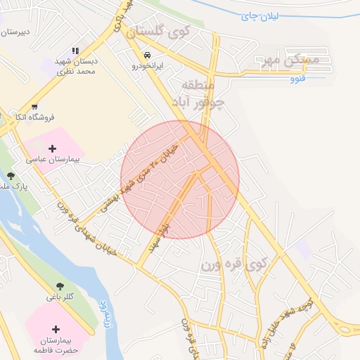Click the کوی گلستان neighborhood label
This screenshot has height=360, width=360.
pyautogui.click(x=158, y=31)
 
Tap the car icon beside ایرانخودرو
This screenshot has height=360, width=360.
pyautogui.click(x=146, y=55)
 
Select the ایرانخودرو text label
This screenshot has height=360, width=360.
pyautogui.click(x=148, y=65)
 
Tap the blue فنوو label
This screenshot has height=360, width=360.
pyautogui.click(x=297, y=78)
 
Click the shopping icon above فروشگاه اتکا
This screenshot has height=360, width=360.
pyautogui.click(x=34, y=107)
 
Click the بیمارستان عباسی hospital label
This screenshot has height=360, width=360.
pyautogui.click(x=53, y=160)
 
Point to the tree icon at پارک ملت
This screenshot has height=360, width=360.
pyautogui.click(x=10, y=176)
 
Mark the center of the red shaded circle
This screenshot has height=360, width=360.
pyautogui.click(x=180, y=179)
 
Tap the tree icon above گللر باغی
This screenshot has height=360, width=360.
pyautogui.click(x=61, y=286)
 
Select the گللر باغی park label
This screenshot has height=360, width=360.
pyautogui.click(x=60, y=297)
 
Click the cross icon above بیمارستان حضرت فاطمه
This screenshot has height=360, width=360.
pyautogui.click(x=56, y=328)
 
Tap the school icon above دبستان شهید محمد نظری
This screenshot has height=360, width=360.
pyautogui.click(x=75, y=51)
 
